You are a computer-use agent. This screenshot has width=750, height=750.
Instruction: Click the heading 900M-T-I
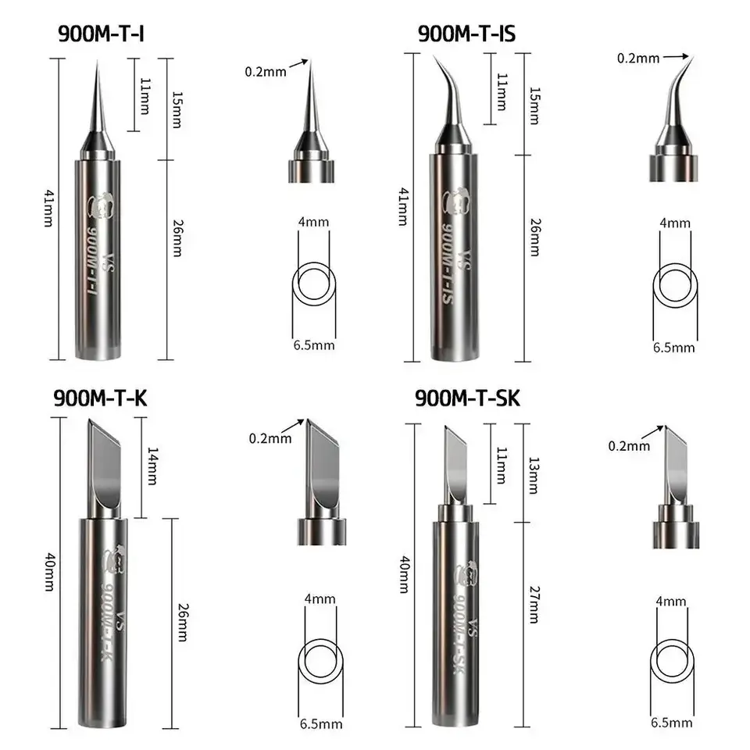pos(101,34)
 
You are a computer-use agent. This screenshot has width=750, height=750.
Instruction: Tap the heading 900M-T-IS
pos(467,34)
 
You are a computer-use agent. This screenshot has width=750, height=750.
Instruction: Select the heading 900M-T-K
pos(101,398)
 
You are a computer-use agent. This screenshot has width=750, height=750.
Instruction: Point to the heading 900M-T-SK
pos(467,398)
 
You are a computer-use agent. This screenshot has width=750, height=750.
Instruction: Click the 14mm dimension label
pos(152,466)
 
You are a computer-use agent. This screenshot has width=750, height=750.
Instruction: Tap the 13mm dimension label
pos(534,475)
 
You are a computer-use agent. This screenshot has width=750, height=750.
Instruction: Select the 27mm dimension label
pos(534,605)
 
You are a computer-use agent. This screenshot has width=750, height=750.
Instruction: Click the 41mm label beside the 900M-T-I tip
pos(49,208)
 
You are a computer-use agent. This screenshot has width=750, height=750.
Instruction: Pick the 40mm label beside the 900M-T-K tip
pos(50,572)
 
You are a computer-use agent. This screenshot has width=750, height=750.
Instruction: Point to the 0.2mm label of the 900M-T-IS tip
pos(638,59)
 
